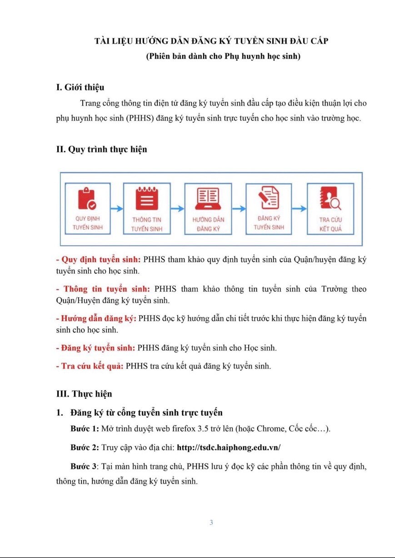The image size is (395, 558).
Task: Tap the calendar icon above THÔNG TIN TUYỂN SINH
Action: (146, 198)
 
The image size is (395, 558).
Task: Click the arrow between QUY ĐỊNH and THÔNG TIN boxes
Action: (117, 209)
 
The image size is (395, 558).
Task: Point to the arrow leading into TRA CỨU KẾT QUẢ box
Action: (299, 209)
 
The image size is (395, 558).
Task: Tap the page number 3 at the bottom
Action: (211, 523)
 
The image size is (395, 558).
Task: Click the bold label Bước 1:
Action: (85, 429)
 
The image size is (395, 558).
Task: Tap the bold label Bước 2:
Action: (85, 447)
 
